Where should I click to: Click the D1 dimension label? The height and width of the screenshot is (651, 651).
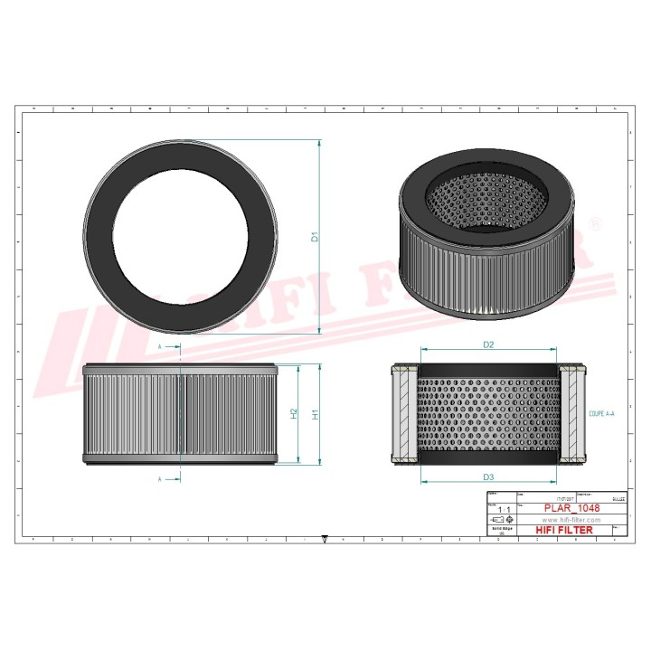pos(315,238)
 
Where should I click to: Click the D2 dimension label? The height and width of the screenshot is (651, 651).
pos(487,344)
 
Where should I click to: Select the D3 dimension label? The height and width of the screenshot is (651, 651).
pos(487,476)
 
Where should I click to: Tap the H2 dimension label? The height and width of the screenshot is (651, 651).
pos(294,413)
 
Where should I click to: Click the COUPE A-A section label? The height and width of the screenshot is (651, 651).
pos(600,413)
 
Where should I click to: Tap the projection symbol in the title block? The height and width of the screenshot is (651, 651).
pos(500,522)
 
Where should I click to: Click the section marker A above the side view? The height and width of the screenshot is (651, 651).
pos(160,347)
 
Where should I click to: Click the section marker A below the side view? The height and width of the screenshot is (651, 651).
pos(160,478)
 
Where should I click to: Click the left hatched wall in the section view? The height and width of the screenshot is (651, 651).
pos(403,414)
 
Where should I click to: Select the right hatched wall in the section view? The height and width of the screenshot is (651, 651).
pos(571,414)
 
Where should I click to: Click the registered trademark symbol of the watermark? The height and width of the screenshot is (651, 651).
pos(595,222)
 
